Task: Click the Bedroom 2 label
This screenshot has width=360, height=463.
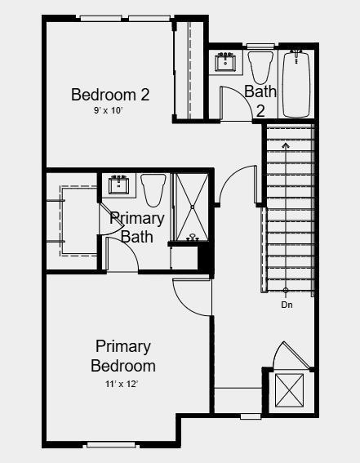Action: pyautogui.click(x=110, y=95)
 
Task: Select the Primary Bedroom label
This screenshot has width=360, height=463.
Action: pyautogui.click(x=123, y=356)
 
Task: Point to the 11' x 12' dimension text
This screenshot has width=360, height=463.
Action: pyautogui.click(x=122, y=383)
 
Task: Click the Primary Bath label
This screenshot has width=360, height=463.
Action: pyautogui.click(x=137, y=228)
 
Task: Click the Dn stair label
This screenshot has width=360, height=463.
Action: pyautogui.click(x=287, y=305)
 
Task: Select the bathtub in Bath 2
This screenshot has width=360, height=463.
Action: pyautogui.click(x=296, y=83)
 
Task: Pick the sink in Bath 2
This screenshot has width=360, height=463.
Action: pyautogui.click(x=226, y=62)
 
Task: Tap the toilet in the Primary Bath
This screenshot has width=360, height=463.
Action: pyautogui.click(x=153, y=189)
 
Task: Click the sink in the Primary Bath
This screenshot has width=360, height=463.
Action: pyautogui.click(x=122, y=184)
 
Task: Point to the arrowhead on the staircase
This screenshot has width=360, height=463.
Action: pyautogui.click(x=286, y=145)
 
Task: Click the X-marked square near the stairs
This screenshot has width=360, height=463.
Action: pyautogui.click(x=290, y=390)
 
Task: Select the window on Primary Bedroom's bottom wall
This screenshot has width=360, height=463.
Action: pyautogui.click(x=109, y=445)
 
